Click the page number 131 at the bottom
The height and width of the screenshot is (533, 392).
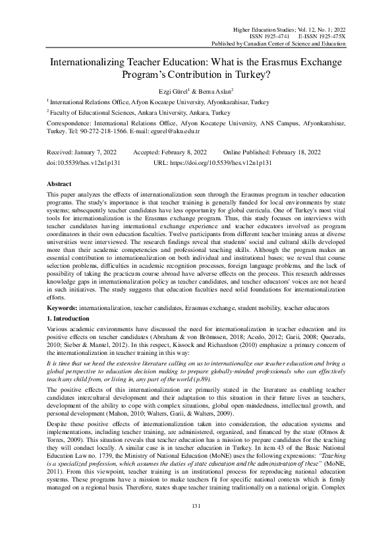[x=196, y=506]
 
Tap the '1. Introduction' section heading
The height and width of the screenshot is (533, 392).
[x=73, y=319]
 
